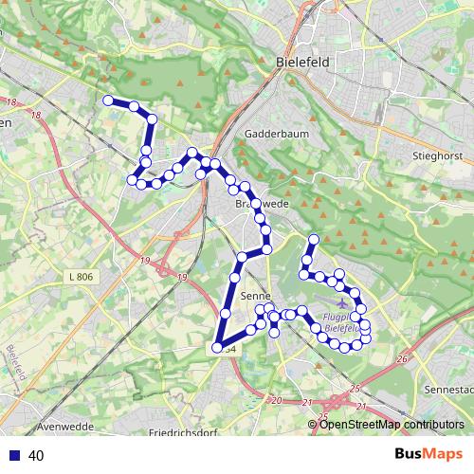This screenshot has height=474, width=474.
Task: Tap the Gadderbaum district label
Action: (273, 134)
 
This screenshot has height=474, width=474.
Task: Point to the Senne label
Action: (256, 297)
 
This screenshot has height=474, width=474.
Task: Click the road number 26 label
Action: (402, 359)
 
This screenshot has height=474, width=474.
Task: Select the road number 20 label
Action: (278, 402)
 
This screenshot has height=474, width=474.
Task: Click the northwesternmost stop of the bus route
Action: (108, 100)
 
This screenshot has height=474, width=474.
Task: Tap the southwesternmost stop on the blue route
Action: (217, 349)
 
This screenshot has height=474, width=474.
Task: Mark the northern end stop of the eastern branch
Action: (313, 238)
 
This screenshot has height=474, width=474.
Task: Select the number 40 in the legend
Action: (37, 456)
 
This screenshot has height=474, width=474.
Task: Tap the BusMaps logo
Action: (428, 455)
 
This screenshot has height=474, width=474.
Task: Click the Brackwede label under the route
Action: (253, 204)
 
